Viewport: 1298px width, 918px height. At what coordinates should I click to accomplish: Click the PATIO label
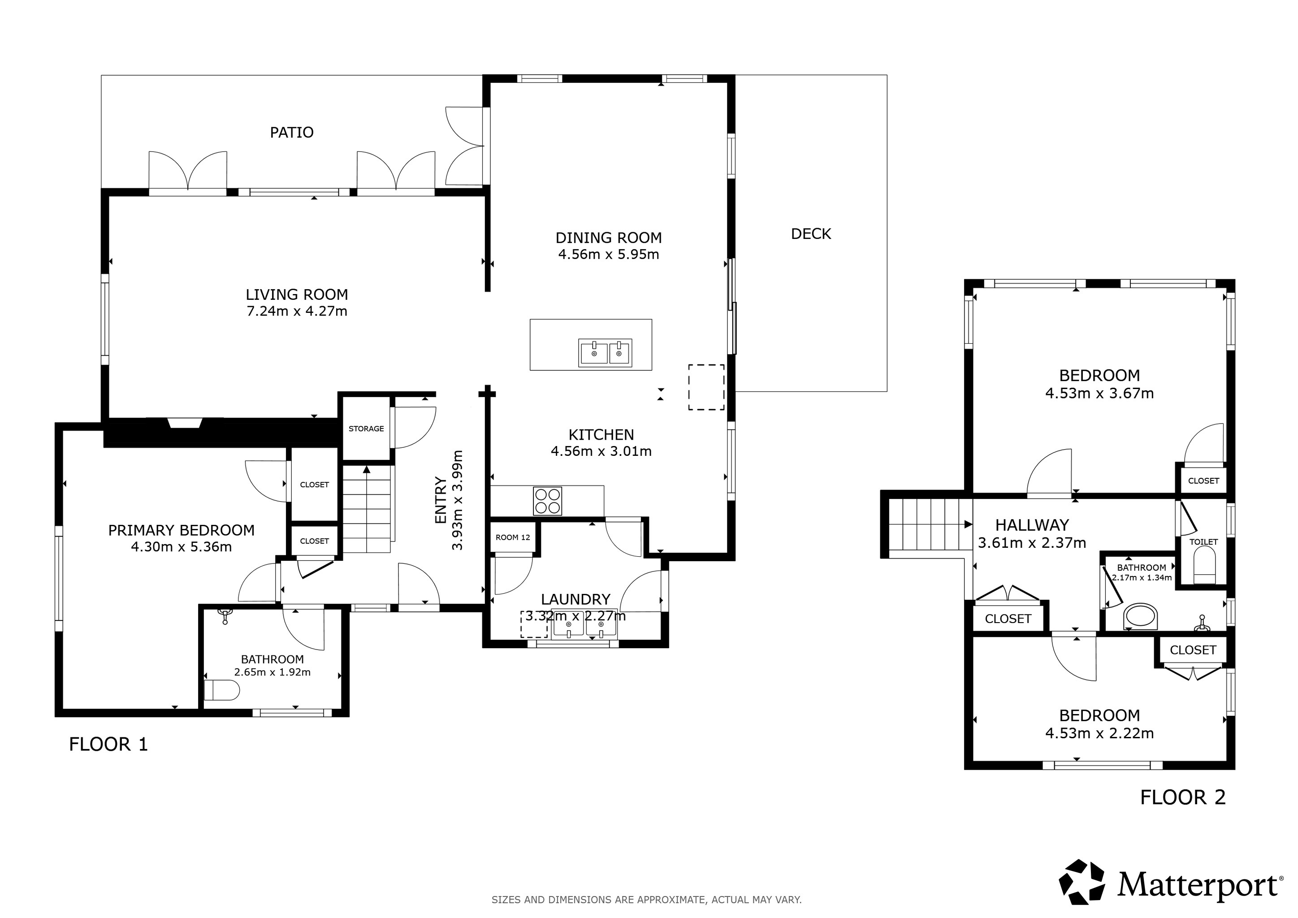click(x=292, y=132)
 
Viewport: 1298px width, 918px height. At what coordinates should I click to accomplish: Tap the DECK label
click(x=811, y=234)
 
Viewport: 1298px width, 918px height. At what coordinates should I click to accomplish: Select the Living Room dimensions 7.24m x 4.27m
click(x=297, y=311)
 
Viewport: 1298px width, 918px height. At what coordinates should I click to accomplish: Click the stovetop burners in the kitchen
click(x=547, y=501)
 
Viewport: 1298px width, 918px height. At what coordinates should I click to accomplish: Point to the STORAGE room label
click(x=366, y=429)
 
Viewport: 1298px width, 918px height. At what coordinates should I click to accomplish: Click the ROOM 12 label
click(x=513, y=537)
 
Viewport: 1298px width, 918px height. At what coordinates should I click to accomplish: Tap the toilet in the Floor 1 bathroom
click(x=221, y=690)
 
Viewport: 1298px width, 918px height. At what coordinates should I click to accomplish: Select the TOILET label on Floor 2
click(x=1203, y=541)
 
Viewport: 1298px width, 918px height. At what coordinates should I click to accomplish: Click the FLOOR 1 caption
click(x=108, y=745)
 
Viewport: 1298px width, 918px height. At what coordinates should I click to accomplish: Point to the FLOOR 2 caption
click(x=1183, y=797)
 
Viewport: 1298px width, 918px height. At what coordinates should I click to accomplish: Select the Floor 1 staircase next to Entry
click(x=367, y=508)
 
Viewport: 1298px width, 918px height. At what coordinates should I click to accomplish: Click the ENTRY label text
click(x=441, y=500)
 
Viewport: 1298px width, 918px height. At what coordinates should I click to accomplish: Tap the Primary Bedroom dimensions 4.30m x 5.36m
click(x=182, y=546)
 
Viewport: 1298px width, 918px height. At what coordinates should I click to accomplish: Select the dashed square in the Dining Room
click(x=706, y=387)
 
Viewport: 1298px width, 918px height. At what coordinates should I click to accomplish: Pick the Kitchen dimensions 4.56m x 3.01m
click(x=601, y=451)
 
